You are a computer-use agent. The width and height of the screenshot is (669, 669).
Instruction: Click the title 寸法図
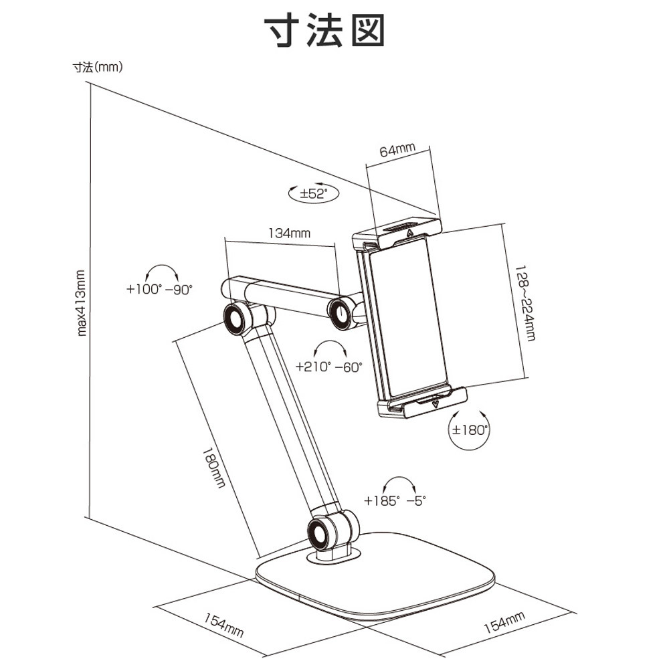pos(325,31)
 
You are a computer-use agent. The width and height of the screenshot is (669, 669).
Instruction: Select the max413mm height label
pos(82,302)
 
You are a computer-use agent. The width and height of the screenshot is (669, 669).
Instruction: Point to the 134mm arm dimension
pos(289,233)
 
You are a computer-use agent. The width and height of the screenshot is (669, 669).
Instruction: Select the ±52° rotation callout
pos(312,194)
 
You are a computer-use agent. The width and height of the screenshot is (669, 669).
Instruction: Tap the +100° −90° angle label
pos(159,289)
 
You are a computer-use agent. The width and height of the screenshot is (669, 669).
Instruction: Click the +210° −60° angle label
pos(328,366)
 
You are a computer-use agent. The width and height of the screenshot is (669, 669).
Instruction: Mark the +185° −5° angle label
pos(395,500)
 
